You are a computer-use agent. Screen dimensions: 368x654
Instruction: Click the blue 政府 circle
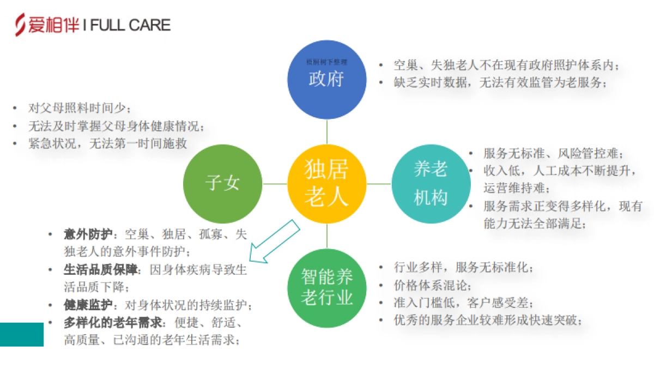coord(326,80)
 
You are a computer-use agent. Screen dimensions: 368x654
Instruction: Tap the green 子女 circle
coord(222,184)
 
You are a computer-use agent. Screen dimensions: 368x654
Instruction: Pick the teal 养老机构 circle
coord(431,184)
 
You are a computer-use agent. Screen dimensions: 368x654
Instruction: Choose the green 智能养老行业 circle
coord(326,287)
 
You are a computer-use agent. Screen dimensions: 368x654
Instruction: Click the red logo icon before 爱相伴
coord(20,25)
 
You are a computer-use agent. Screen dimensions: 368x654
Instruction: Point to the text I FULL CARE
coord(126,25)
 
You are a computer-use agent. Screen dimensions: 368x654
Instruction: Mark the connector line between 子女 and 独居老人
coord(275,184)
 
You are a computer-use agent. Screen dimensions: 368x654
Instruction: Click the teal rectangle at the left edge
coord(21,334)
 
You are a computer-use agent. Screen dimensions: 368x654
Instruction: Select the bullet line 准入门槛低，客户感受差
coord(463,303)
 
